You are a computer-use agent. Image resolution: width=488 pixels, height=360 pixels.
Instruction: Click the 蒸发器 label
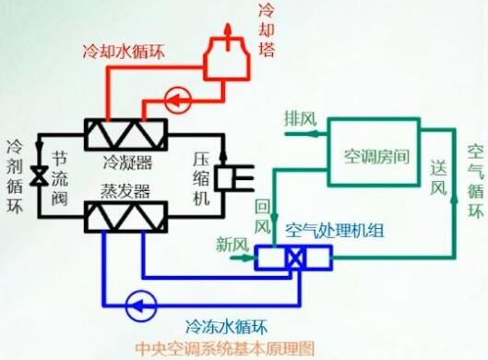coord(127,189)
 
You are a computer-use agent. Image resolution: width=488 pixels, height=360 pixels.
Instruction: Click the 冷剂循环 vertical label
coord(15,175)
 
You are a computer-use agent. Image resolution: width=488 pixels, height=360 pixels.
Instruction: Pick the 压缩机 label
coord(203,174)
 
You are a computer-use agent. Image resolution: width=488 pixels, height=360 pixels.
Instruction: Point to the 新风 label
coord(232,245)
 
